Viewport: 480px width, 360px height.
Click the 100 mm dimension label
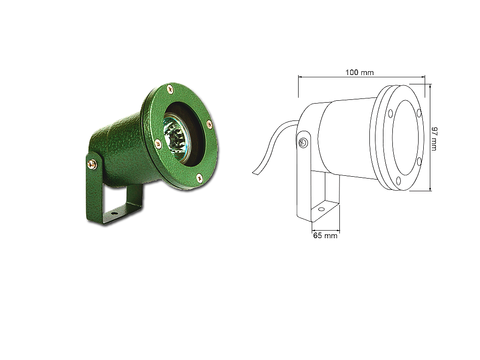pyautogui.click(x=360, y=73)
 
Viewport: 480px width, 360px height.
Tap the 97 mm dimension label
pyautogui.click(x=434, y=139)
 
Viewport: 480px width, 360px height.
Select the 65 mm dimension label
pyautogui.click(x=325, y=235)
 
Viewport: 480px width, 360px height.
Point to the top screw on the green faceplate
pyautogui.click(x=170, y=89)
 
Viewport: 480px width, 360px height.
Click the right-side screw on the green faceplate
pyautogui.click(x=210, y=124)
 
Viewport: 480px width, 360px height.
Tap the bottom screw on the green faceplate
pyautogui.click(x=199, y=177)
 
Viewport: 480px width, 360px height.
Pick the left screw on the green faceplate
pyautogui.click(x=158, y=143)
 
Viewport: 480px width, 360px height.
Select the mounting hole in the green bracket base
pyautogui.click(x=114, y=212)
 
